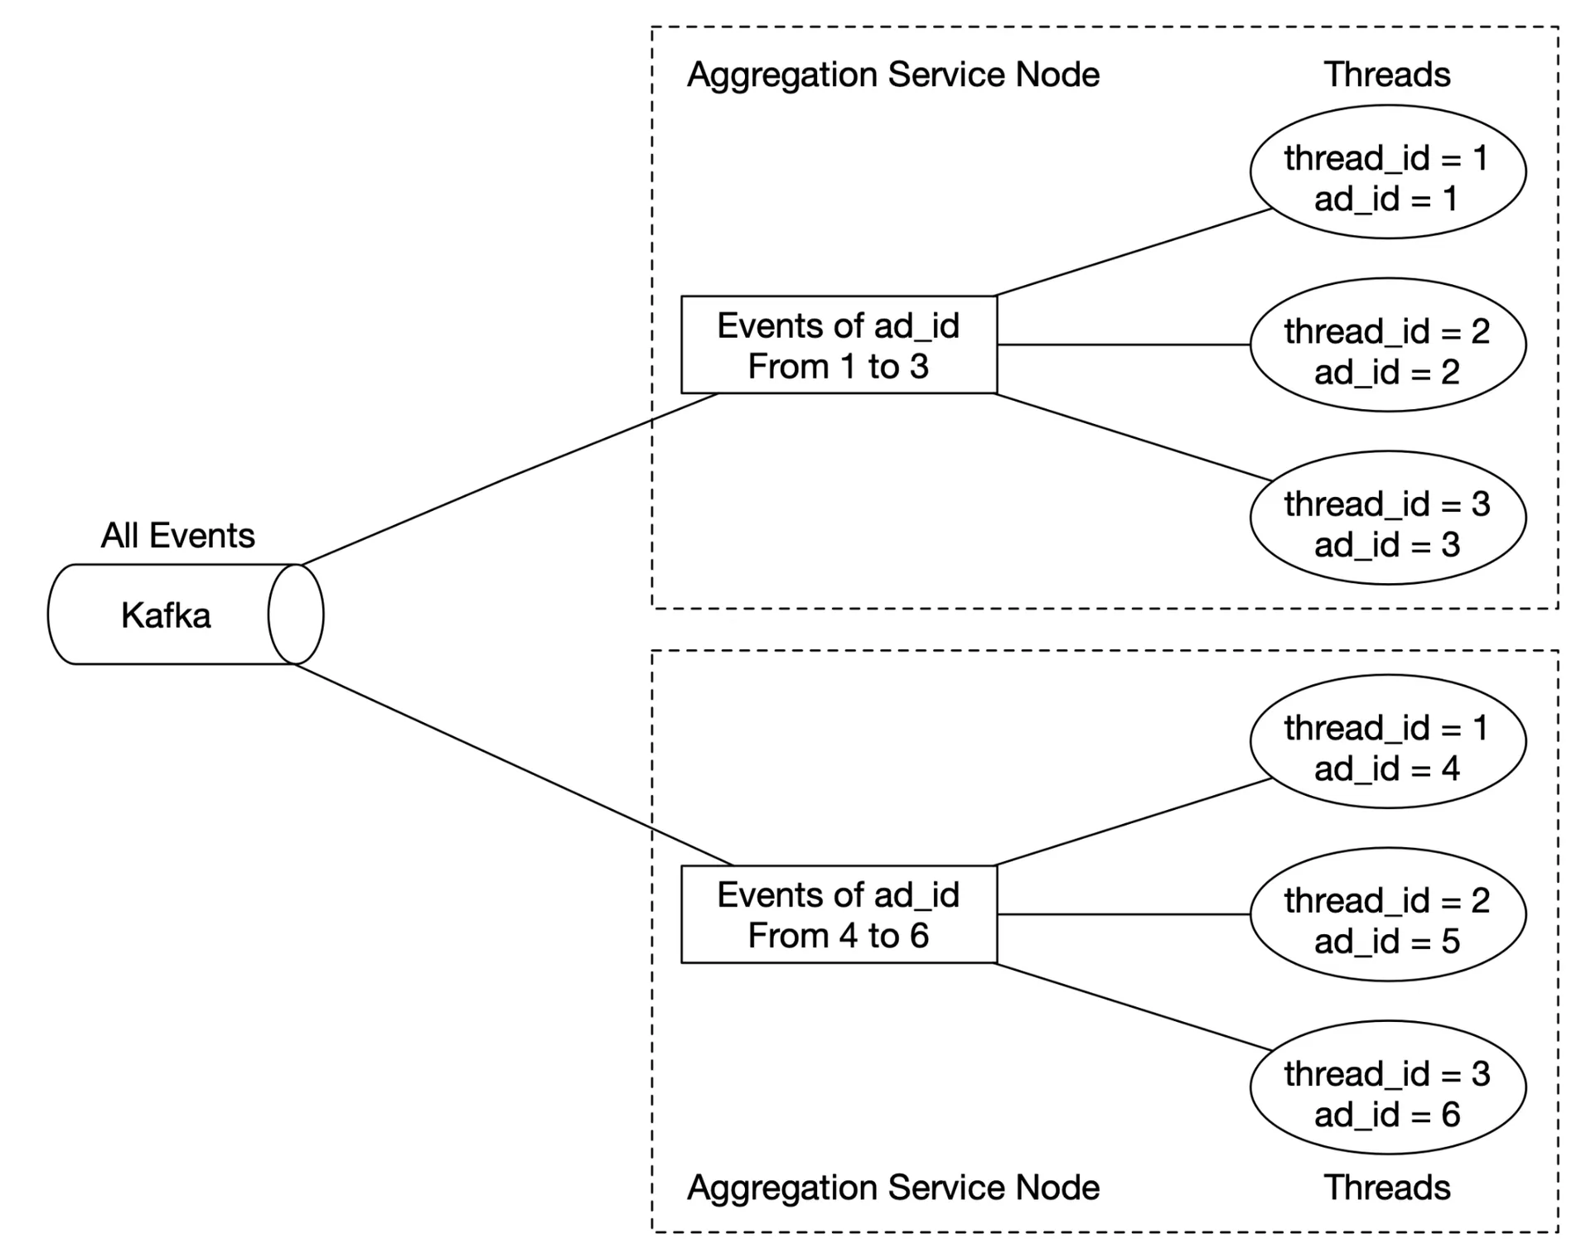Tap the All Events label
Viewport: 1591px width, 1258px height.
[178, 536]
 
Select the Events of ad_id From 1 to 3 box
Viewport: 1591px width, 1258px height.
[839, 345]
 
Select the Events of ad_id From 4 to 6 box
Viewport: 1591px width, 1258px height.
[839, 914]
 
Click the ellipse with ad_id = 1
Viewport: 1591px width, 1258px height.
[1388, 171]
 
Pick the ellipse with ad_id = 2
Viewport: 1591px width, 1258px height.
[1388, 345]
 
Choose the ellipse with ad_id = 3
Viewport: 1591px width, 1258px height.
[1388, 518]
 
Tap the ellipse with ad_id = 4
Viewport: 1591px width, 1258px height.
[1388, 741]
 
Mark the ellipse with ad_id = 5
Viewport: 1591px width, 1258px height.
[1388, 914]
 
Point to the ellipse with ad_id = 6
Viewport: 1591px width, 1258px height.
[1388, 1087]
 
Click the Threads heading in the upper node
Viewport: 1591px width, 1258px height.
[1387, 75]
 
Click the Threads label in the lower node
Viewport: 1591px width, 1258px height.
[1387, 1188]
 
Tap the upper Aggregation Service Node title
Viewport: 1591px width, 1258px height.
[893, 75]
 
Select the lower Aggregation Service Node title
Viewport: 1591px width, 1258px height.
[893, 1188]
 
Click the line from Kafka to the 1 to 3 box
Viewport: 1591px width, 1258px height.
[510, 480]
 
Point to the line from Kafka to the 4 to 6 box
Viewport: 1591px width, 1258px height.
[514, 764]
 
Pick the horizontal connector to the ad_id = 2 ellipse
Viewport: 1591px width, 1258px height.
[1124, 345]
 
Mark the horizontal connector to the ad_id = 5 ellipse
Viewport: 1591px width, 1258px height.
[1124, 914]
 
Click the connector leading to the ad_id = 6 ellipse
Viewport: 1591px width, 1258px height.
[1134, 1007]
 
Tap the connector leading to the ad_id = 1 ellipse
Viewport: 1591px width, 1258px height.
[1134, 252]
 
